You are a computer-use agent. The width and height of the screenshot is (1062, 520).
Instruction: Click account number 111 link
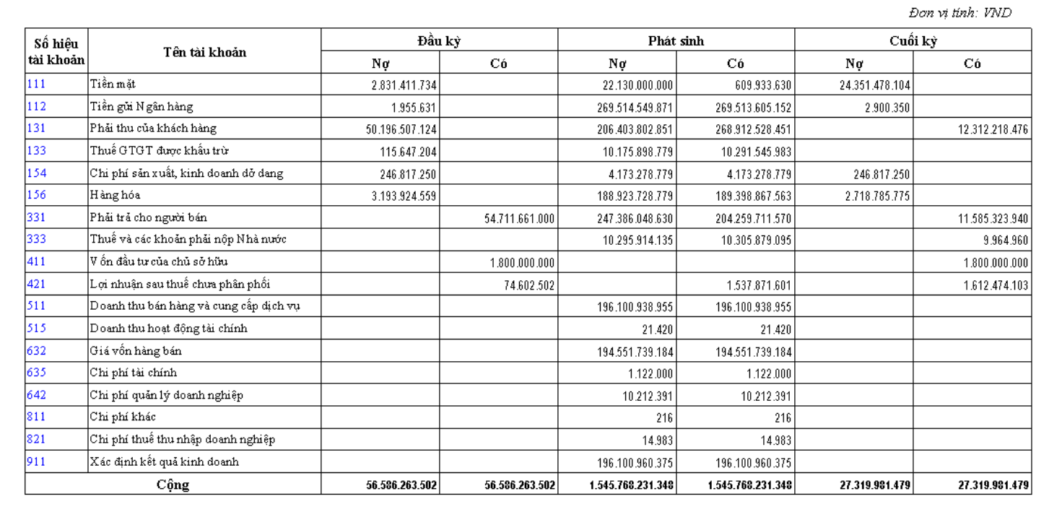point(36,84)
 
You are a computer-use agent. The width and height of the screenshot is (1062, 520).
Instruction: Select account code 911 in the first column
point(36,461)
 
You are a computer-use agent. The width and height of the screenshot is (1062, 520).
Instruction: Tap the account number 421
point(36,284)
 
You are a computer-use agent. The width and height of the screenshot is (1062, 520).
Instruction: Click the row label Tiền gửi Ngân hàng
point(142,107)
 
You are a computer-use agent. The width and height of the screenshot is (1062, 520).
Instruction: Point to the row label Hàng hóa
point(115,195)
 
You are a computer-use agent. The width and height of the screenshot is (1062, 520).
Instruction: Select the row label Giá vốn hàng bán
point(136,351)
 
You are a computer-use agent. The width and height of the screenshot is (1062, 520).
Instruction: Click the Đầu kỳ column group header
point(439,40)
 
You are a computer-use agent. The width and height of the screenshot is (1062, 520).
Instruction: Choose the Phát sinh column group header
point(676,40)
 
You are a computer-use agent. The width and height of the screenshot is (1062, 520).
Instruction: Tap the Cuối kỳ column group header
point(913,40)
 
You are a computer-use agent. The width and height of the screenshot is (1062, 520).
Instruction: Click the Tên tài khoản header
point(204,52)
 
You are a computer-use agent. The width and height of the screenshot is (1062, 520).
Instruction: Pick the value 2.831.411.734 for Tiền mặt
point(404,85)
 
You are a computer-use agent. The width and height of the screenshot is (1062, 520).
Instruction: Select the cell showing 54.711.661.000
point(520,219)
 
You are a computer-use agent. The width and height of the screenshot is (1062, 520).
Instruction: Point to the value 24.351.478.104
point(875,85)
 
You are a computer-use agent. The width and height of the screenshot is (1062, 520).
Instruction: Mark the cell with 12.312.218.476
point(993,130)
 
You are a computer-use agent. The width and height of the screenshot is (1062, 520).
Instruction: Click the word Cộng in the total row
point(173,485)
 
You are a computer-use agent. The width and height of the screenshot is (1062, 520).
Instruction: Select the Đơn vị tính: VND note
point(959,13)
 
